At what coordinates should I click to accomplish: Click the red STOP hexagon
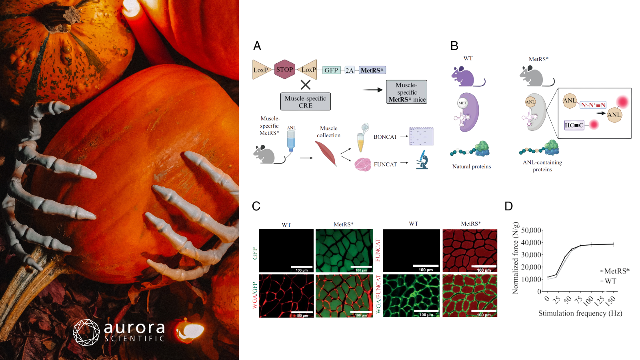coord(284,70)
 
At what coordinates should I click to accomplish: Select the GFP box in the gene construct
coord(331,70)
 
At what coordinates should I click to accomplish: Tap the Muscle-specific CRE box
coord(305,102)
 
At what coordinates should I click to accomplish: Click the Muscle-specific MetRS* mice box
coord(406,92)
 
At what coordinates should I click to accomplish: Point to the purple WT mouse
coord(464,77)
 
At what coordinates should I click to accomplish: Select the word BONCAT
coord(385,137)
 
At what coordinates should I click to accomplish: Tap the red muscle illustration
coord(326,154)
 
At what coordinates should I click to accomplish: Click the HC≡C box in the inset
coord(574,125)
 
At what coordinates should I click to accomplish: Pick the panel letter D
coord(508,206)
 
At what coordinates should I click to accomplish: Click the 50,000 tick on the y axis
coord(531,230)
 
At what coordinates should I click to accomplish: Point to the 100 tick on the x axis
coord(588,300)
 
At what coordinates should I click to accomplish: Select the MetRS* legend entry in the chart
coord(616,271)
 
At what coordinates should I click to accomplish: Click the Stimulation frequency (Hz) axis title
coord(580,313)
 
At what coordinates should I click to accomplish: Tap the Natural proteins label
coord(472,166)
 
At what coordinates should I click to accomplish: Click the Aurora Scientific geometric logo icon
coord(86,332)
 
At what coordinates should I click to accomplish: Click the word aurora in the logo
coord(134,328)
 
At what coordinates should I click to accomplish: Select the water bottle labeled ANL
coord(291,141)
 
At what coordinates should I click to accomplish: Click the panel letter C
coord(256,206)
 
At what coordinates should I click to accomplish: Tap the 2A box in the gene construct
coord(350,70)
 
